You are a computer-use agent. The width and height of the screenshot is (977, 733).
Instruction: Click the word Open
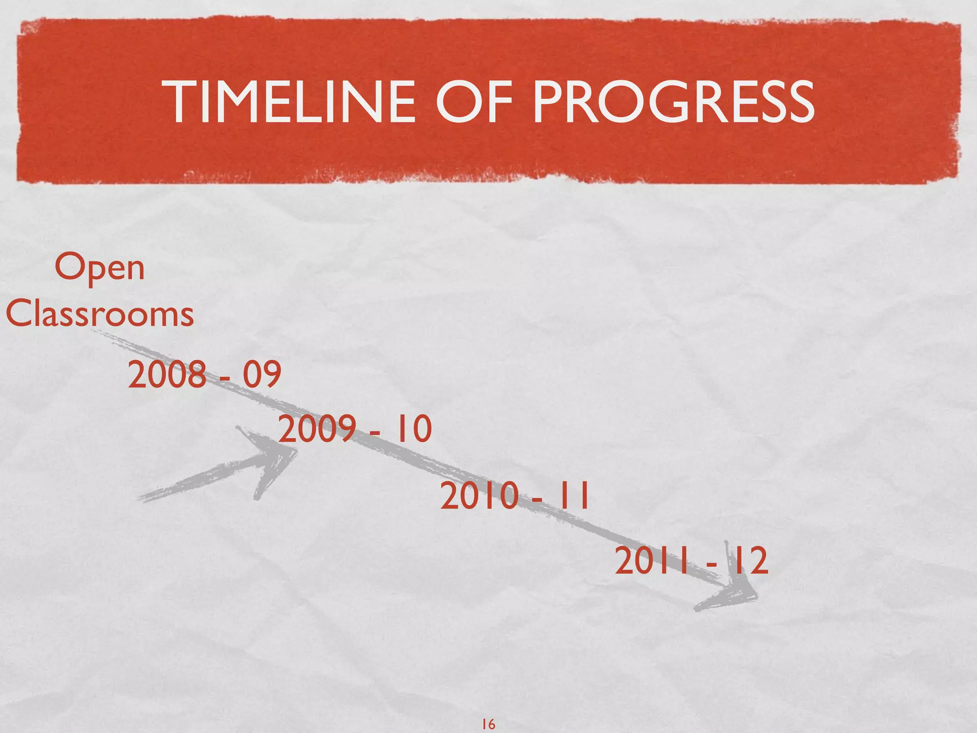(x=99, y=268)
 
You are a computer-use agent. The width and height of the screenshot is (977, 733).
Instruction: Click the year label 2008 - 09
(x=204, y=375)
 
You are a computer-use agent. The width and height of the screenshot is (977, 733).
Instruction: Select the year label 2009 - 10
(x=355, y=429)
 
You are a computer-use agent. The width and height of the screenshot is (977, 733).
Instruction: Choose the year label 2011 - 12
(x=691, y=561)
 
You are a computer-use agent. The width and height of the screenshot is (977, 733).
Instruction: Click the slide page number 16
(x=488, y=724)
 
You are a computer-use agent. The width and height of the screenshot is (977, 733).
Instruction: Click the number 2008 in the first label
(x=166, y=375)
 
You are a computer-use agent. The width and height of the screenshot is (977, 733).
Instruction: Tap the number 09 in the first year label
(x=262, y=375)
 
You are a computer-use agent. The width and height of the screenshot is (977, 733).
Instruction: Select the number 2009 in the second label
(x=317, y=429)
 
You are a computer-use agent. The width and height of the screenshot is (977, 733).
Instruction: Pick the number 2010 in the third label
(x=479, y=496)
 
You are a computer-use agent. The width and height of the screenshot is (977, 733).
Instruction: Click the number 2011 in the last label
(x=652, y=561)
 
